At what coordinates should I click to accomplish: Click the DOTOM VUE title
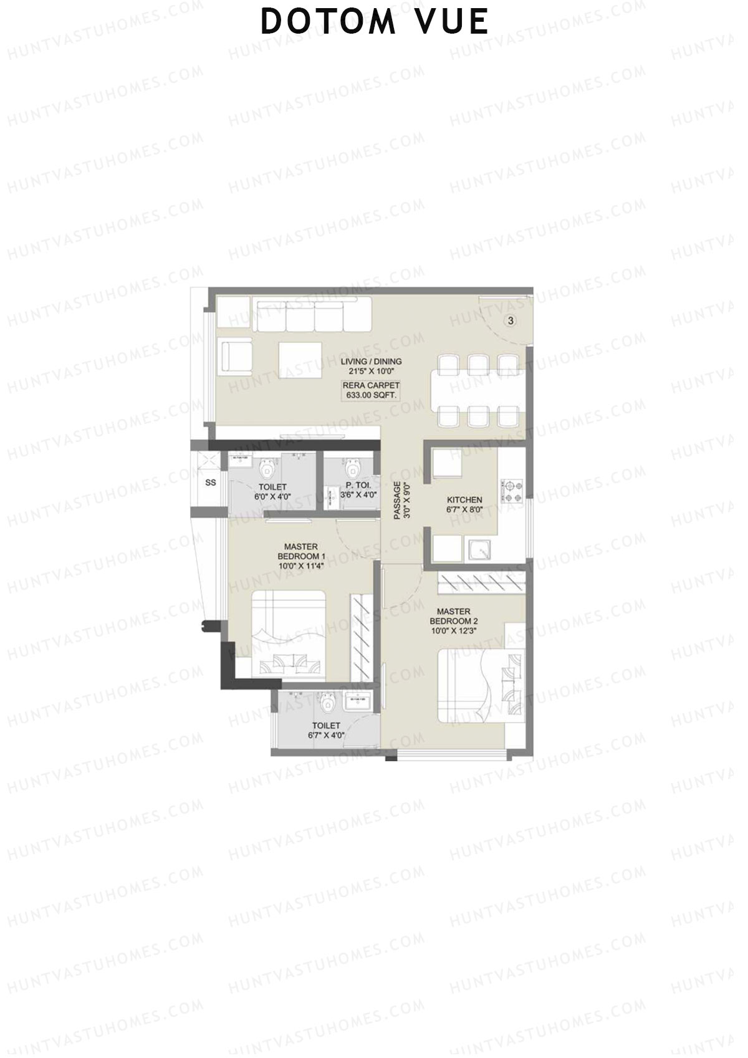point(374,22)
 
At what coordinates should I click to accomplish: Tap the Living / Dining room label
point(371,365)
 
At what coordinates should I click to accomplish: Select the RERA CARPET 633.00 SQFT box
point(371,390)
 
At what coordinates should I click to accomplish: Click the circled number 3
point(511,321)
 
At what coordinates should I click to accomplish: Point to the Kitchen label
point(464,504)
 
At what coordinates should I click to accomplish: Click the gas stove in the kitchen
point(512,491)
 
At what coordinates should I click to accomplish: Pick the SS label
point(211,483)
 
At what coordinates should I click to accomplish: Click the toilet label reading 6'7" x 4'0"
point(326,730)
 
